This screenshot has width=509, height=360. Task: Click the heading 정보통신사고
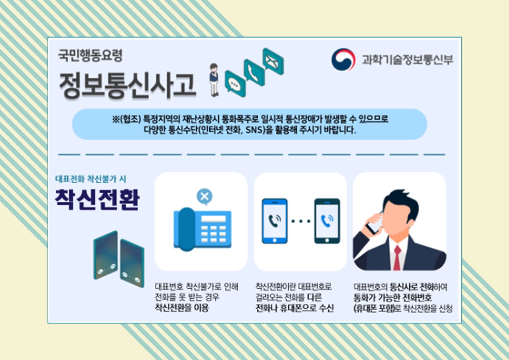point(127,85)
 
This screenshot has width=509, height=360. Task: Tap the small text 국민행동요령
point(90,56)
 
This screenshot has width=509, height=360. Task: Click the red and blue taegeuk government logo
point(343,59)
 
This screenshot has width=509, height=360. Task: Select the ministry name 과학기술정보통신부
point(407,60)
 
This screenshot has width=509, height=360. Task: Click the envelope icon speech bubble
point(273,61)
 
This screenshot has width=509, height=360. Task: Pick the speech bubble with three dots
point(235,83)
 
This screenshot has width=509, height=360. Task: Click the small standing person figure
point(214,80)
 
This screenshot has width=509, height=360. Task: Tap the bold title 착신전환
point(97,200)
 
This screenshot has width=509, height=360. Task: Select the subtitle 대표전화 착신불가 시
point(91,179)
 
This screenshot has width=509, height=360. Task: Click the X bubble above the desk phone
point(205,197)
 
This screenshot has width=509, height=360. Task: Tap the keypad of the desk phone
point(213,234)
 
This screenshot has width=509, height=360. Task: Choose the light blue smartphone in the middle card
point(275,221)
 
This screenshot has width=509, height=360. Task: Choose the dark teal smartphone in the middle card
point(327,221)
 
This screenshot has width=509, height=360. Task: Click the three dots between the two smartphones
point(301,221)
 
